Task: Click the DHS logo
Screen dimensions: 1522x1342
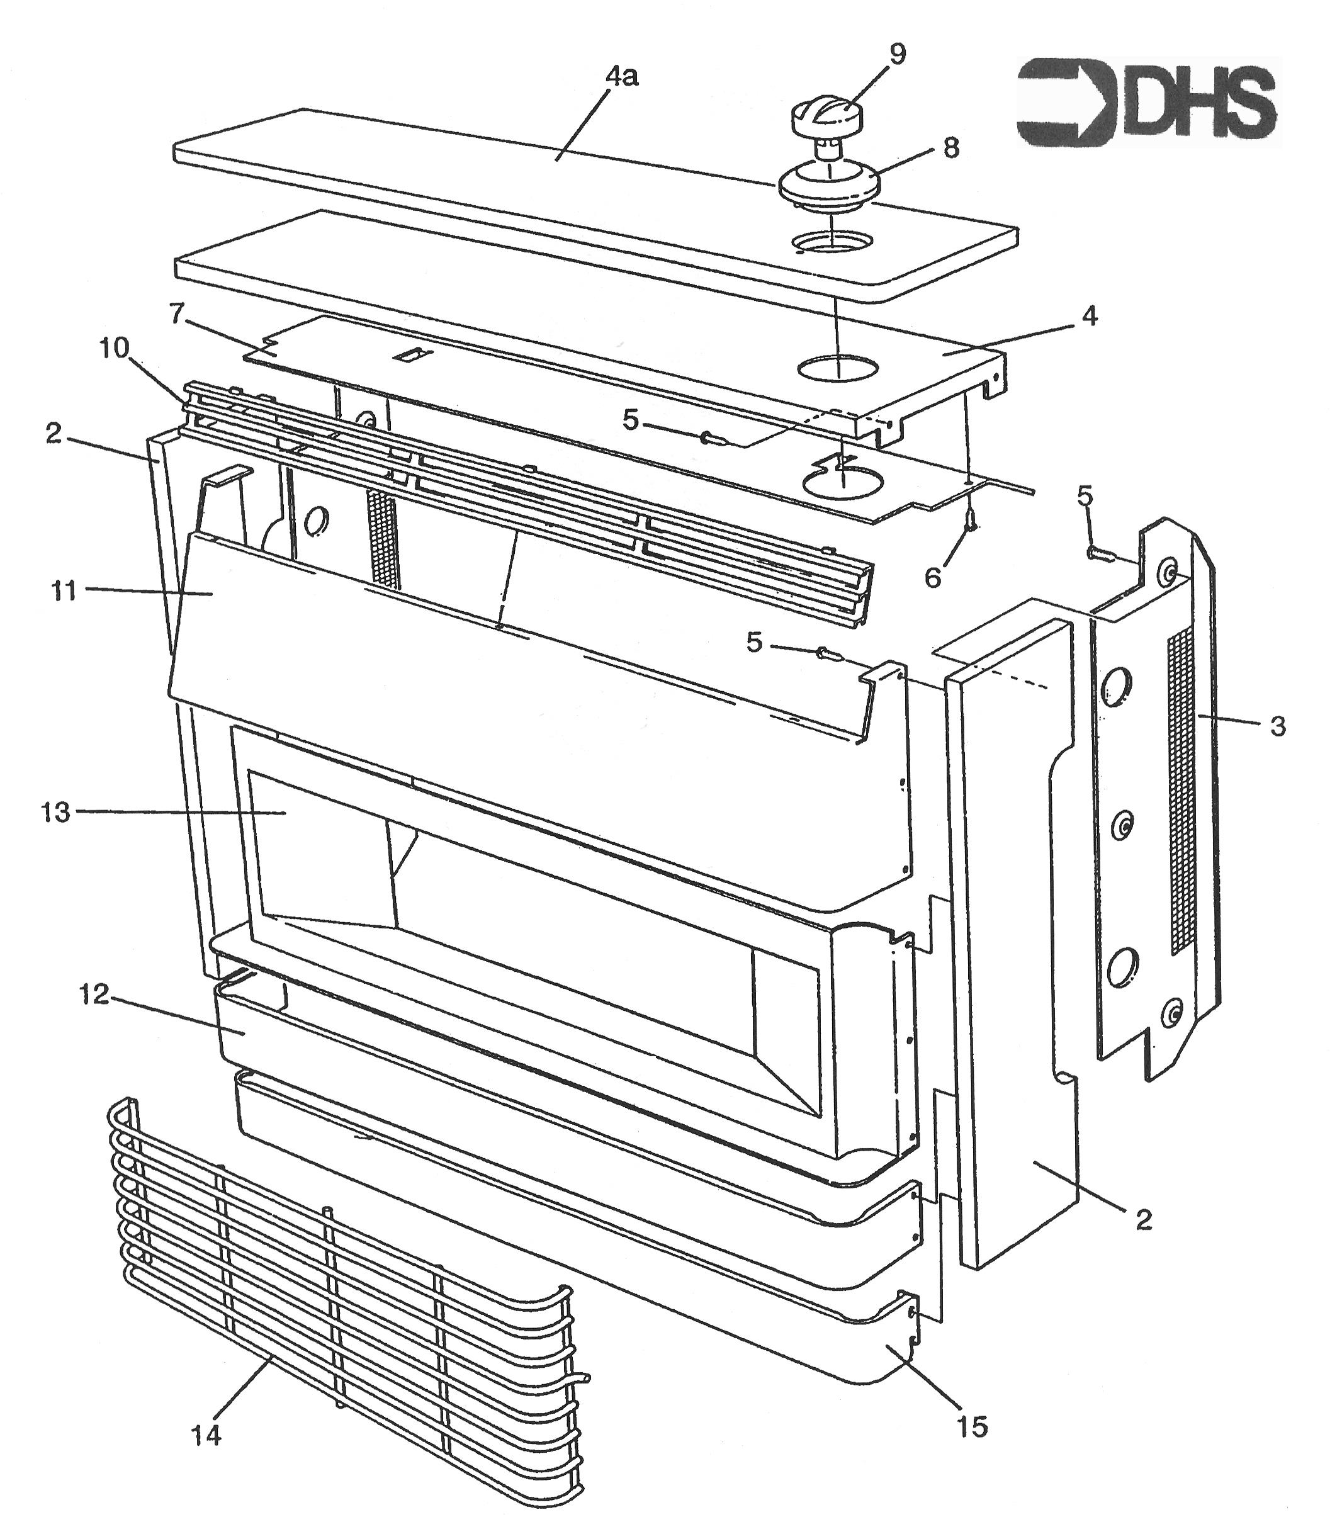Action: click(x=1147, y=103)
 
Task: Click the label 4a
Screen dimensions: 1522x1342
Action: click(x=622, y=77)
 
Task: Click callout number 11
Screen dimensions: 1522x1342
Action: click(x=64, y=592)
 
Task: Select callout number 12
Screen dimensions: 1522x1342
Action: click(x=94, y=994)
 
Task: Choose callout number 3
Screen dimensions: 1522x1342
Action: click(x=1277, y=726)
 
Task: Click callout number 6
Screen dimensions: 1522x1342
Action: click(x=933, y=577)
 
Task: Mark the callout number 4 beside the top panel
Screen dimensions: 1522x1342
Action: click(x=1090, y=317)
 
